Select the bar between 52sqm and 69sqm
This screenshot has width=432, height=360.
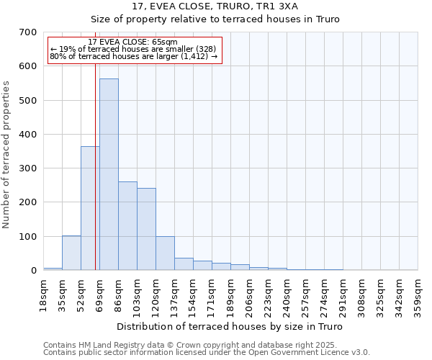(90, 208)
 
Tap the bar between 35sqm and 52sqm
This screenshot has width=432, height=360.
(71, 253)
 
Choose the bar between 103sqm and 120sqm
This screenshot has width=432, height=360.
(146, 229)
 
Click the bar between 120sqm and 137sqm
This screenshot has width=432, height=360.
(165, 253)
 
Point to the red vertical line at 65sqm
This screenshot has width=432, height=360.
(95, 180)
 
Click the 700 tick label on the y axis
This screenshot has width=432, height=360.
(28, 32)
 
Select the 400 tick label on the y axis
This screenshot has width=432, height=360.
(28, 135)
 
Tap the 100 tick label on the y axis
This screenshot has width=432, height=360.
(28, 237)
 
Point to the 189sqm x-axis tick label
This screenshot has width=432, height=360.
(230, 295)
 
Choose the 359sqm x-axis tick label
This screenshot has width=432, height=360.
(418, 295)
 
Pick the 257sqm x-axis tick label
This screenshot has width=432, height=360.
(305, 295)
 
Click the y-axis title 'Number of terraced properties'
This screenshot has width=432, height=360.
(7, 155)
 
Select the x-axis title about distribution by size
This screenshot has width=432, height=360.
(229, 327)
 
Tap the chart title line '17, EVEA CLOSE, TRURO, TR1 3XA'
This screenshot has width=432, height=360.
(229, 6)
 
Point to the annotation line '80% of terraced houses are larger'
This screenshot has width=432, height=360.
(133, 56)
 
